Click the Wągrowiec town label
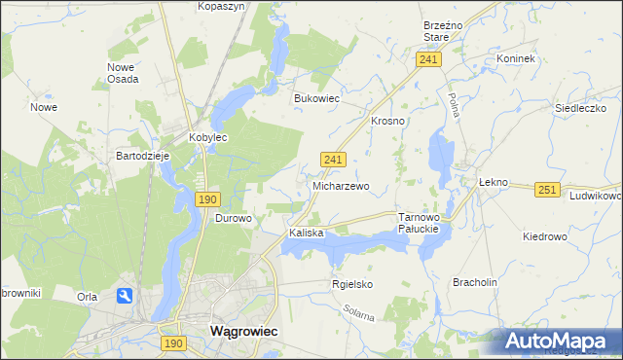pos(244,331)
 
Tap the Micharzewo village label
pos(340,185)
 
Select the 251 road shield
pos(548,190)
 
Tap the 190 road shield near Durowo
pos(206,198)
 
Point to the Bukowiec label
pos(316,98)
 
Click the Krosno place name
pos(387,121)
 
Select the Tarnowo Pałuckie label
pos(421,223)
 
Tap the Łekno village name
pos(495,182)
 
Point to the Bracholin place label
pos(475,282)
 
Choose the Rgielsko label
pos(352,284)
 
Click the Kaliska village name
pos(306,234)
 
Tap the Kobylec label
pos(207,138)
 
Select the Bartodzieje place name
pos(143,156)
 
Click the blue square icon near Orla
pos(126,296)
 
